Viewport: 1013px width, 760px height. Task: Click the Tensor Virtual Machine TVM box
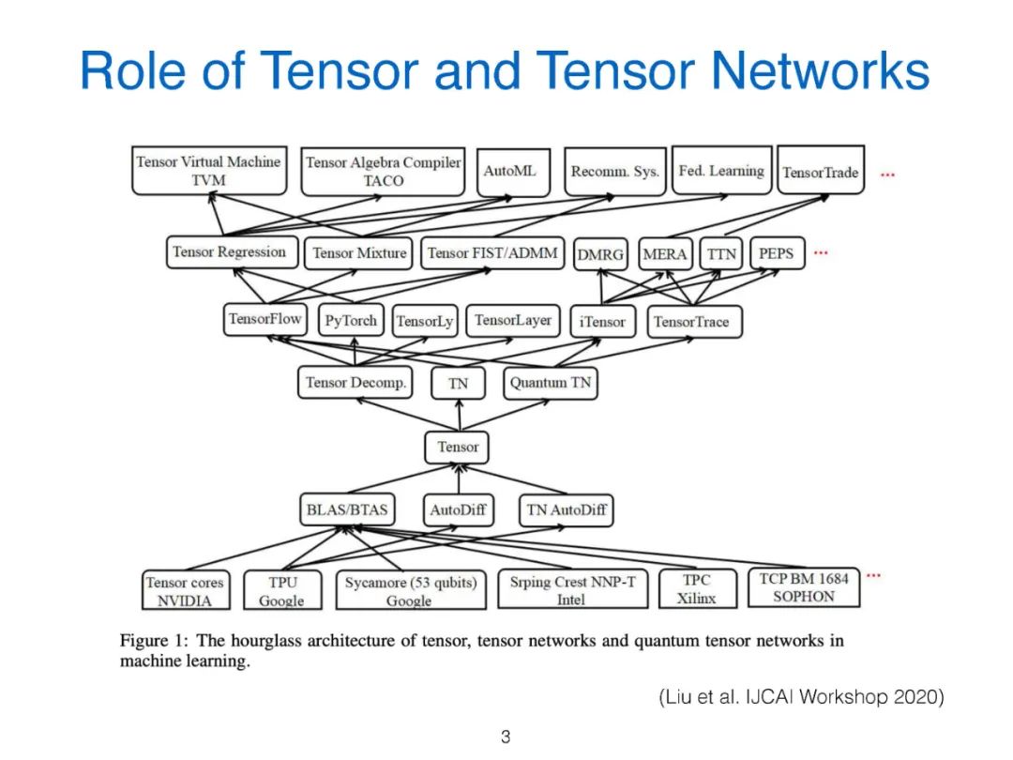coord(207,171)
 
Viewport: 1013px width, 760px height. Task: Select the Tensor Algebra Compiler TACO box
coord(383,171)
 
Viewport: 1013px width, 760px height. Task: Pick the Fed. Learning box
coord(720,171)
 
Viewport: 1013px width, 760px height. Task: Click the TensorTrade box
coord(820,172)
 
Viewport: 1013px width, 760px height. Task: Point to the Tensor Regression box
coord(229,251)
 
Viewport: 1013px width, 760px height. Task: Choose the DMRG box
coord(600,254)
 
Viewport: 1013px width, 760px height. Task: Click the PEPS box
coord(776,253)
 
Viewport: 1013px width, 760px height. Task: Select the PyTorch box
coord(350,321)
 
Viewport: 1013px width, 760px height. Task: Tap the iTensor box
coord(602,321)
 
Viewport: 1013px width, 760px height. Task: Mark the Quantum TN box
coord(551,383)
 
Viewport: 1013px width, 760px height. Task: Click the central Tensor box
coord(458,447)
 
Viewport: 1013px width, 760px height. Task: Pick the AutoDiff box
coord(458,510)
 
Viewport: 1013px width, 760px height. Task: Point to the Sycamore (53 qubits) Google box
coord(410,591)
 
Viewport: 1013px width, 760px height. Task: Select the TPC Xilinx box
coord(696,589)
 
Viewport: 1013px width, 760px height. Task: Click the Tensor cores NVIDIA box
coord(185,591)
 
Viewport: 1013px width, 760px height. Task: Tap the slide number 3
coord(506,737)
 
